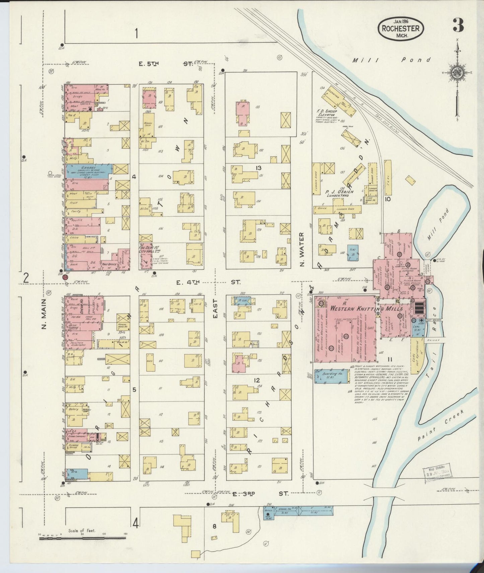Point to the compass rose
click(456, 73)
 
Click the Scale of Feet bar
click(82, 538)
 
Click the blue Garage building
click(88, 171)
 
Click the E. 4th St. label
click(208, 282)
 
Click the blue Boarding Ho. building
click(331, 376)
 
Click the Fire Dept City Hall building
click(145, 256)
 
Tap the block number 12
click(257, 380)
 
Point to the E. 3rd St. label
click(261, 494)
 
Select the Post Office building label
click(109, 264)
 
